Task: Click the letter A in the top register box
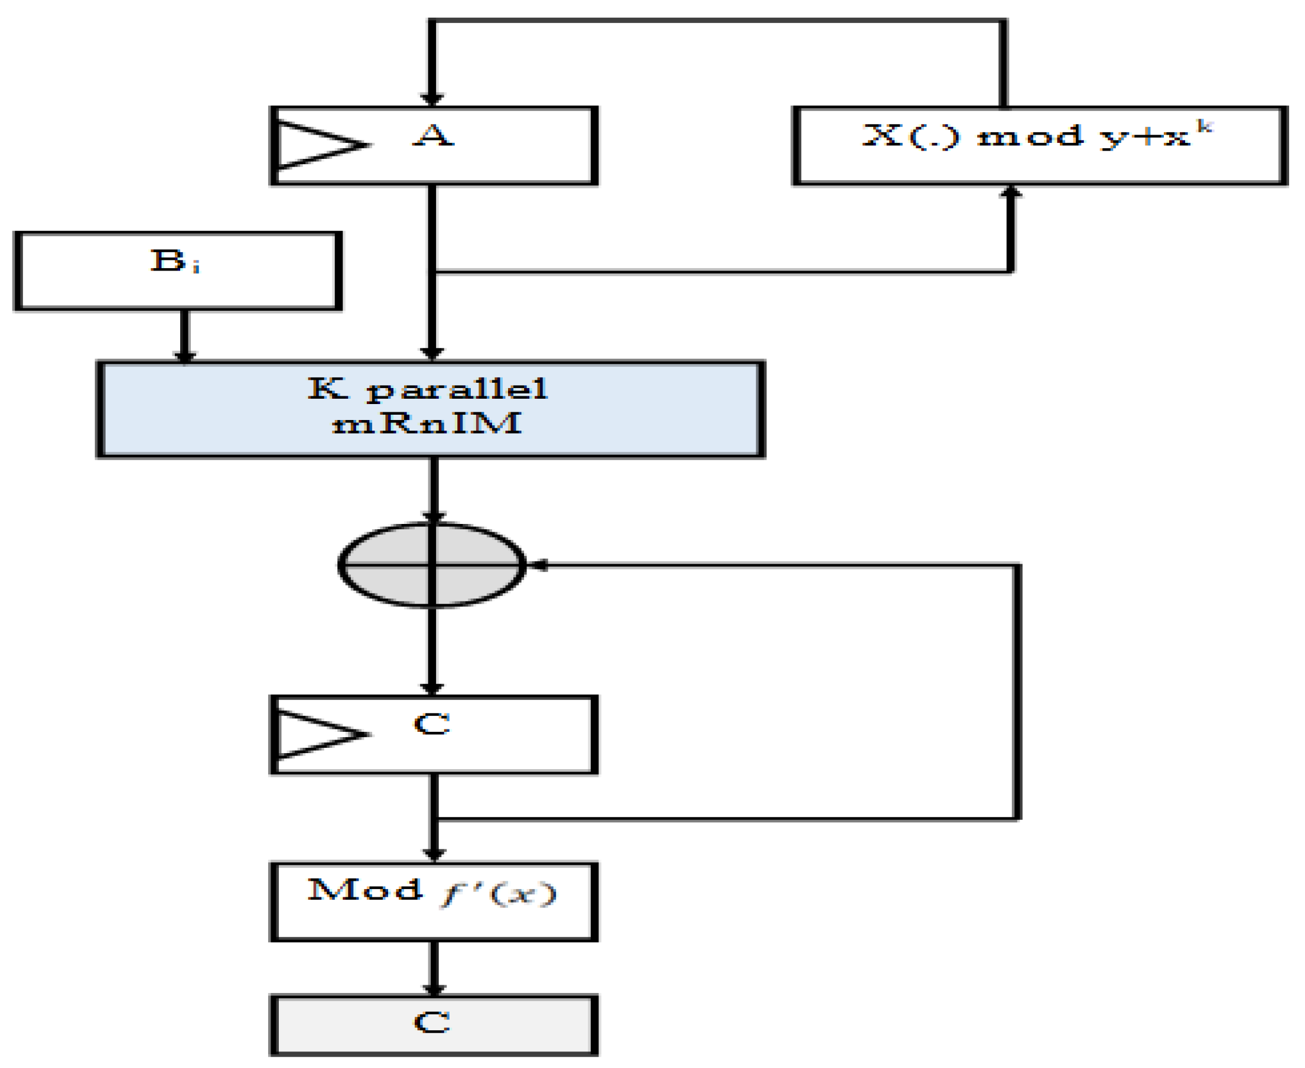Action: pos(433,136)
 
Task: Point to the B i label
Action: pos(175,262)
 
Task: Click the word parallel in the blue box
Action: pos(457,389)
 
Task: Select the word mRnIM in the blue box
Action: pos(427,424)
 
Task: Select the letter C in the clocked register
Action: pos(432,724)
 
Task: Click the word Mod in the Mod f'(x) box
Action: pos(365,890)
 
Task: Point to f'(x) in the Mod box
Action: pos(499,893)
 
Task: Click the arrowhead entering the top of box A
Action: pos(432,99)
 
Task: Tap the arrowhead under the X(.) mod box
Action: pos(1010,193)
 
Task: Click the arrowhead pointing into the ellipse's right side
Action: pos(538,565)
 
